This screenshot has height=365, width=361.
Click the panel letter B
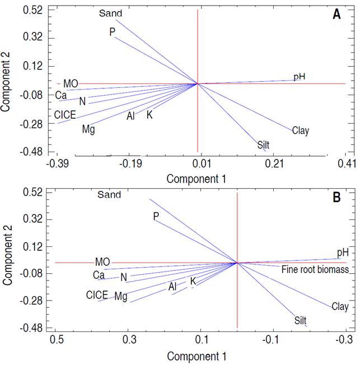coord(337,197)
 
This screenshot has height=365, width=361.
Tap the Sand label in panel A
coord(110,12)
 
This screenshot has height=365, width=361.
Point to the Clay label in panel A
coord(301,131)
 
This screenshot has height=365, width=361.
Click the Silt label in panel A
coord(263,145)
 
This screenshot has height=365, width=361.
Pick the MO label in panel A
coord(71,84)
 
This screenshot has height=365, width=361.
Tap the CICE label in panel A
coord(65,115)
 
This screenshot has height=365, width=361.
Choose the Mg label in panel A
coord(88,130)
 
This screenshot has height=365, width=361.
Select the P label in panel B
coord(156,216)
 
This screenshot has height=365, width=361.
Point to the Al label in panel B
coord(172,287)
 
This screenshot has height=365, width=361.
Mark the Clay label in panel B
coord(340,307)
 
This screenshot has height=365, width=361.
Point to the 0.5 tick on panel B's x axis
coord(56,340)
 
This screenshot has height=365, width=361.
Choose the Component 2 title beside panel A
coord(7,82)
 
